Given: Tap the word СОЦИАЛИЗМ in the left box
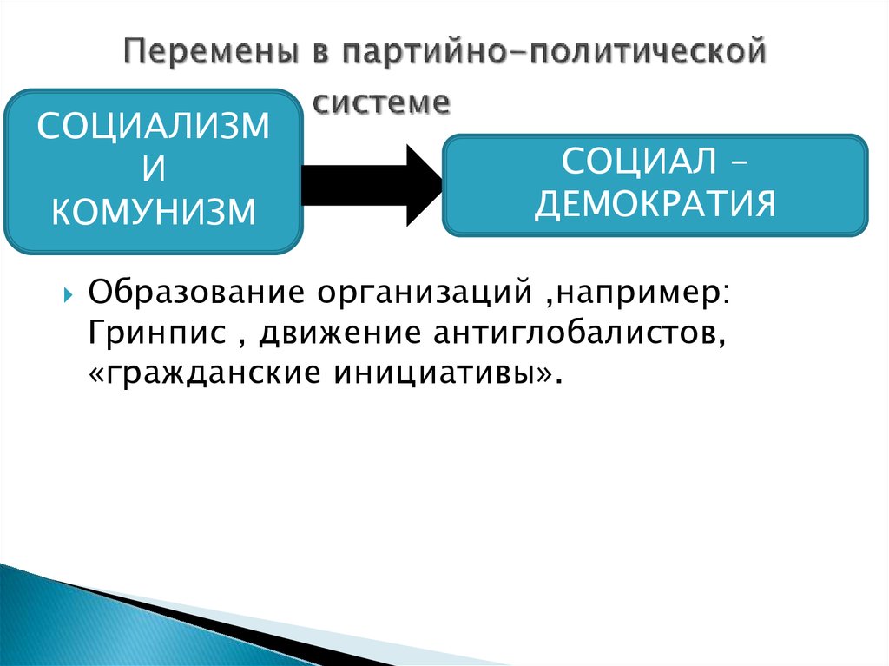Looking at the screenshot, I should (154, 128).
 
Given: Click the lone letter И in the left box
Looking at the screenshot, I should (153, 168).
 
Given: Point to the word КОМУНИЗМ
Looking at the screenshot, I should (154, 211).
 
